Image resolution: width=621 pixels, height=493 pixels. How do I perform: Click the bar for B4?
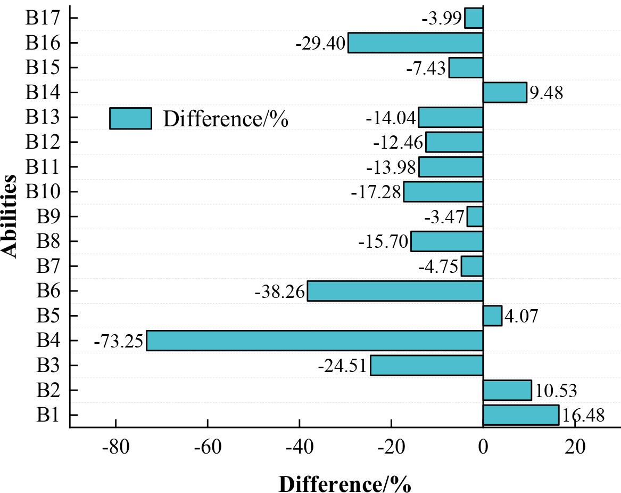coord(314,341)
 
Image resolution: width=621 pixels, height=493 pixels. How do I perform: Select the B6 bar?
coord(395,291)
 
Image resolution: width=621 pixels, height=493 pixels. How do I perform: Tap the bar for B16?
coord(415,43)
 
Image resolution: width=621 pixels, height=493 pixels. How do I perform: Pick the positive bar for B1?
coord(520,415)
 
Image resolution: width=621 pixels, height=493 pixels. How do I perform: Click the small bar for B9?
coord(475,216)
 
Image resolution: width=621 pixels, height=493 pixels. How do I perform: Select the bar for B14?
coord(504,92)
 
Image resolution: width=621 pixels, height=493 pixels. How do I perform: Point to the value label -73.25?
coord(119,341)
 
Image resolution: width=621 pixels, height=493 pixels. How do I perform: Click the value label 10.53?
coord(556,391)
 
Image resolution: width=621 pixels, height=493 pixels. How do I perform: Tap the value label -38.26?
coord(280,292)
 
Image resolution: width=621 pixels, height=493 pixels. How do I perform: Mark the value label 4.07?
coord(521,316)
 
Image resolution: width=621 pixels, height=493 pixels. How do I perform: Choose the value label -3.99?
coord(442,19)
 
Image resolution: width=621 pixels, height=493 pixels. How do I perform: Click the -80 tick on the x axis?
coord(115,447)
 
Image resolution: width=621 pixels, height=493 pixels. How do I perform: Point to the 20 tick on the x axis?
coord(575,447)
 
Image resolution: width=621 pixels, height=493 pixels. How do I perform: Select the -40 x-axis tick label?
coord(299,447)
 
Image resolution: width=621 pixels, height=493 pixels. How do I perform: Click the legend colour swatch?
coord(130,118)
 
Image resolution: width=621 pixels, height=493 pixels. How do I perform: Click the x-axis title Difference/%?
coord(344,484)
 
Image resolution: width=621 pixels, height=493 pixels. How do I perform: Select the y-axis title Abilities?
coord(10,216)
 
